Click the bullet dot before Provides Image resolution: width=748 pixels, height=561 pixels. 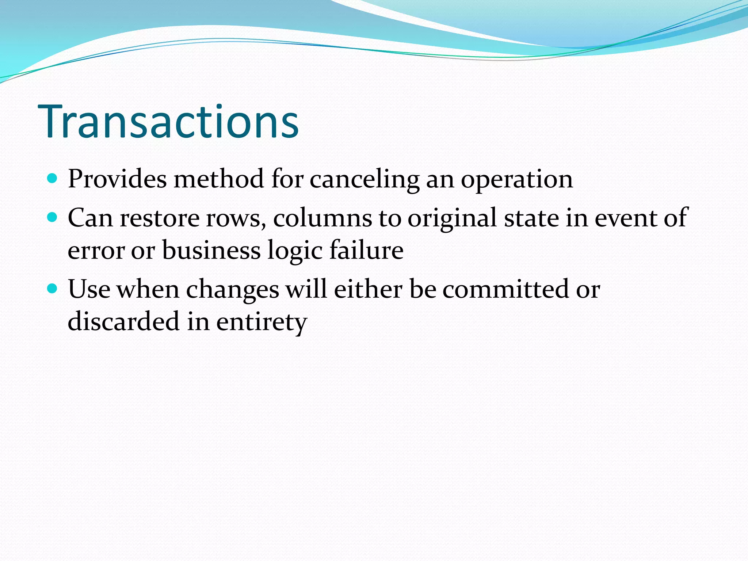[x=53, y=179]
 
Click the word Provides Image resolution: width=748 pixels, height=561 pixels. [x=117, y=179]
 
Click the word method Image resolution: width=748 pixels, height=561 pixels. [x=219, y=179]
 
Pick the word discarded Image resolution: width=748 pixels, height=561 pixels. [x=123, y=322]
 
